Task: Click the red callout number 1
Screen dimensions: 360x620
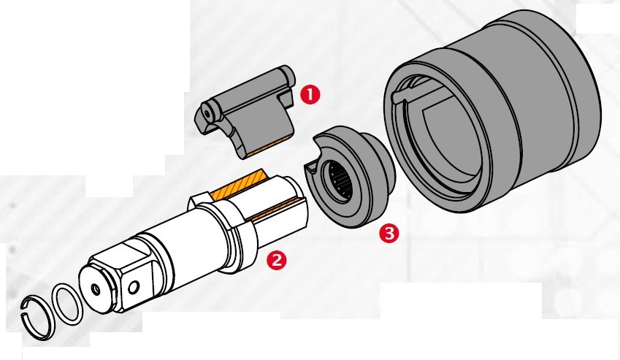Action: [x=310, y=93]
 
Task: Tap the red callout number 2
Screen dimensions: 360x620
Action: [x=276, y=258]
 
